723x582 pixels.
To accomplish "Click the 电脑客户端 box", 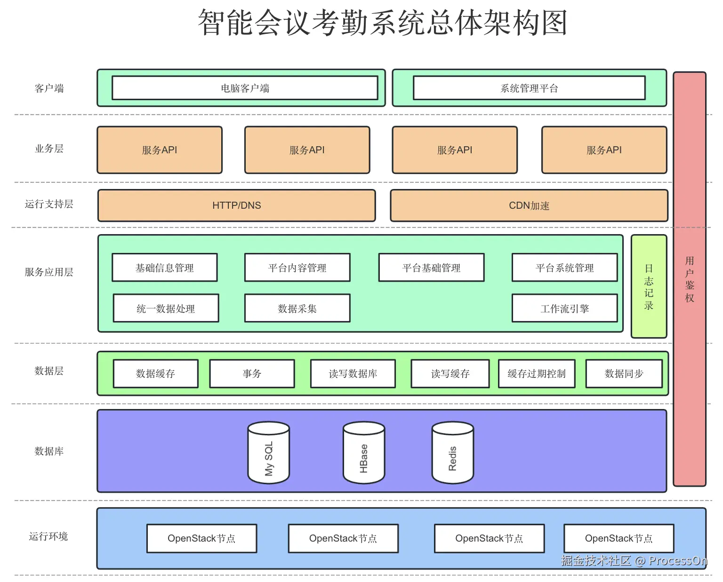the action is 245,88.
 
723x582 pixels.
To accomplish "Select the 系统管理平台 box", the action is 529,88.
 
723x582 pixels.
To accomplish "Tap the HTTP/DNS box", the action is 236,205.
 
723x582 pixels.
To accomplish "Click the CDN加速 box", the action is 529,205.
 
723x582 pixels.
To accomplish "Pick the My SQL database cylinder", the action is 268,452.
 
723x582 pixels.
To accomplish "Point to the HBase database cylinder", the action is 364,452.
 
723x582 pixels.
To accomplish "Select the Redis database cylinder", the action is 452,452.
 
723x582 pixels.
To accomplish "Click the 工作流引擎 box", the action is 565,308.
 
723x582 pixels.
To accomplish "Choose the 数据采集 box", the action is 297,308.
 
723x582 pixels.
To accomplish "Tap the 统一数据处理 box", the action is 166,308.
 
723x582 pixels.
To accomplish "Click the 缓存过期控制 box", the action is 537,374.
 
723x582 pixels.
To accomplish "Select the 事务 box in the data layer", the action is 252,374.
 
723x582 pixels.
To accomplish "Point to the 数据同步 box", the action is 624,374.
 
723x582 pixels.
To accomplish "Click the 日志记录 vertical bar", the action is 649,286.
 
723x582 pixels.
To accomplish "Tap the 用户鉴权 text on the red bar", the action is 690,279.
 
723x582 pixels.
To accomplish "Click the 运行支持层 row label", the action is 49,204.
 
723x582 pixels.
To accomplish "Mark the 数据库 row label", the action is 49,451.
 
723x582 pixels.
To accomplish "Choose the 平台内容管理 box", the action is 297,267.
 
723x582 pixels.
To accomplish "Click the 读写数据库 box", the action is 353,374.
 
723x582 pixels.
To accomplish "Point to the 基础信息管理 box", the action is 165,267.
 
